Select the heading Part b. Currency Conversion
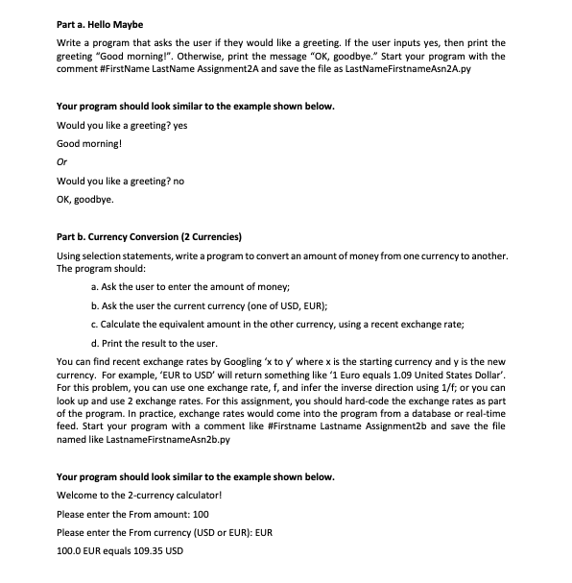149,236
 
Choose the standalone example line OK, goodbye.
85,199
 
